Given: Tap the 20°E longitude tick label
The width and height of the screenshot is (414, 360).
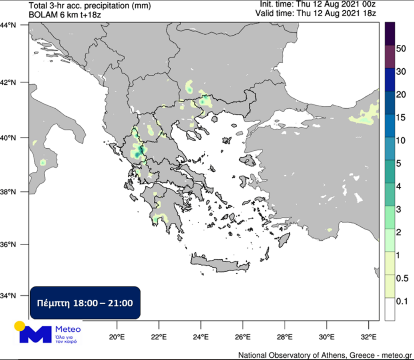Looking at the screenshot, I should pos(116,337).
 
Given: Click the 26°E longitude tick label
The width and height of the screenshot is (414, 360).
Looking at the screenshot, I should pos(243,337).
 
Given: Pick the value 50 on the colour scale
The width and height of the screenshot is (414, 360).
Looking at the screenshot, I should pos(401,48).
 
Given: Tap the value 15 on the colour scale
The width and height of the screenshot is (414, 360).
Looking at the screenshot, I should pos(401,118).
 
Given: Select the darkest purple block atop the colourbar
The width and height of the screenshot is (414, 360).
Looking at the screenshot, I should pos(390,33).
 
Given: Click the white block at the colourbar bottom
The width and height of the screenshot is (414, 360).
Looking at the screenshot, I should pos(390,309).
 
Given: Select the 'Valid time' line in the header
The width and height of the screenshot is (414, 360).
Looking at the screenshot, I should pos(315,13).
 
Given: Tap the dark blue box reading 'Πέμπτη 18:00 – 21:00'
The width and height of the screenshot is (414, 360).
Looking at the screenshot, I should pos(85,302).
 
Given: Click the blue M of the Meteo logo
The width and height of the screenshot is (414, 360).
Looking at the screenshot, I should pos(35,334).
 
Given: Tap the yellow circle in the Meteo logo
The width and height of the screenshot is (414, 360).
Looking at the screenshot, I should pos(19,326).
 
